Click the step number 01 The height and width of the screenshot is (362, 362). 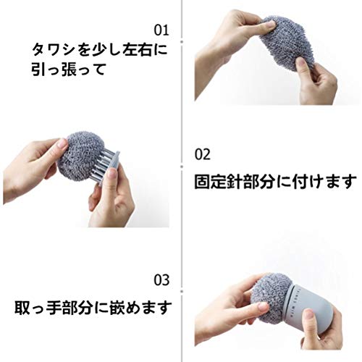tap(161, 30)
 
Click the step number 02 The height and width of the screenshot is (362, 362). tap(203, 154)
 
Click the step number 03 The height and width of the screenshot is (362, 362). tap(161, 280)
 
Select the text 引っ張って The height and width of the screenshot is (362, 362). tap(69, 70)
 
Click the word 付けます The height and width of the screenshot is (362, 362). tap(324, 182)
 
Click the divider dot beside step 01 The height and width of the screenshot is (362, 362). tap(182, 41)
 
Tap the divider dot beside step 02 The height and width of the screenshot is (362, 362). tap(182, 167)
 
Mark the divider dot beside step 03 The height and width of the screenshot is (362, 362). tap(182, 292)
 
